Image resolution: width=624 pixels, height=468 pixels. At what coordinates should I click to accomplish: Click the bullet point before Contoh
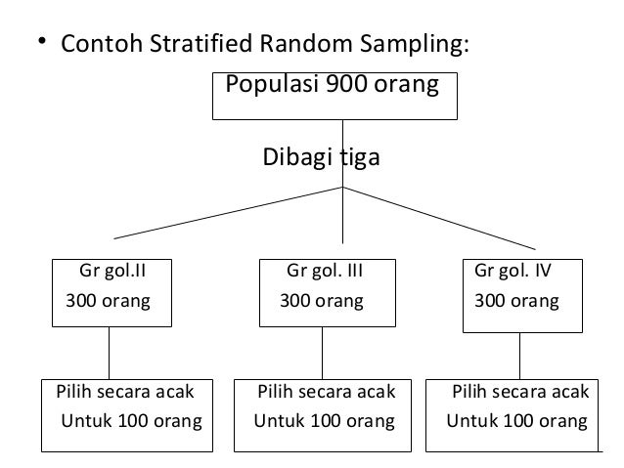41,42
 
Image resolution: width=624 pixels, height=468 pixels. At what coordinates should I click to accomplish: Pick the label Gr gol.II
111,270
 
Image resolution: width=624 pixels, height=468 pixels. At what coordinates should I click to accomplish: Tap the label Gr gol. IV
513,270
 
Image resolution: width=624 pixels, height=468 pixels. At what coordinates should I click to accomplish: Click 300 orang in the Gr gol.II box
108,301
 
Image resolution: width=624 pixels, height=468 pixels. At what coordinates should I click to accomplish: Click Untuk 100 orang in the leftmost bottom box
131,422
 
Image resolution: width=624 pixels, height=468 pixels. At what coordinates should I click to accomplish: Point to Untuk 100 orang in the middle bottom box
325,422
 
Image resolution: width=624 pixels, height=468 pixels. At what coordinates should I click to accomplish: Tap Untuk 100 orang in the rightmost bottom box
517,422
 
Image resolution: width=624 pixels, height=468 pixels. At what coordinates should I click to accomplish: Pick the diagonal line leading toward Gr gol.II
230,212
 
